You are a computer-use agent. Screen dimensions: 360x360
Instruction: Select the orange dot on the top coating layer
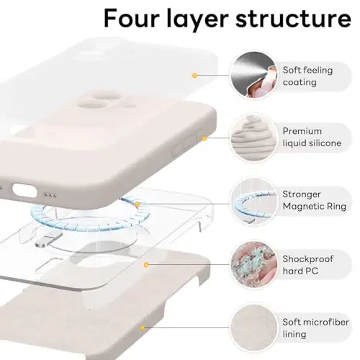[194, 75]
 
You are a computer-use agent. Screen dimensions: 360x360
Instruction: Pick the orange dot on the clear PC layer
[148, 264]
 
